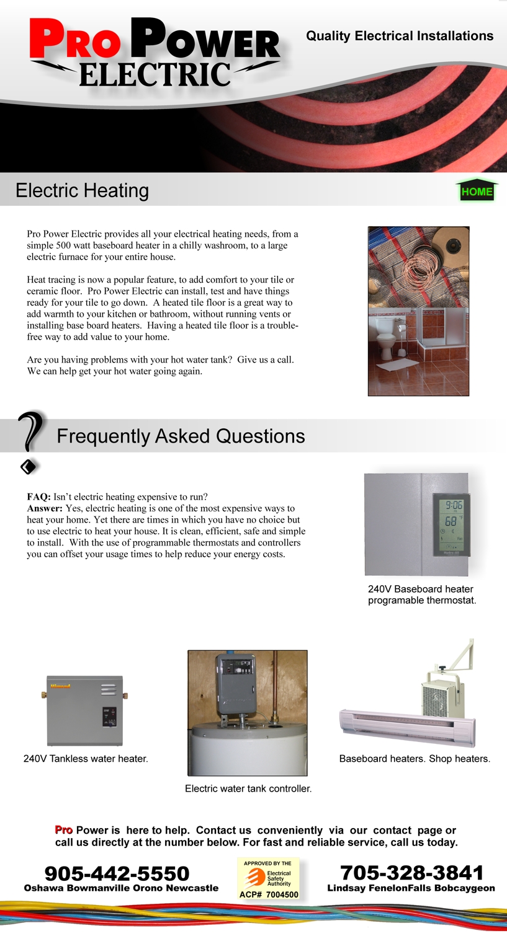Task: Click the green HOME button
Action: [x=477, y=191]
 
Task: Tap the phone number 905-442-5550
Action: [x=117, y=873]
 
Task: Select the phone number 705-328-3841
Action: [x=411, y=873]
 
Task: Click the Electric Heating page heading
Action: [x=82, y=190]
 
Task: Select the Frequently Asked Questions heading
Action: [x=181, y=436]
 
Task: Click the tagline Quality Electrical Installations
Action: [x=400, y=36]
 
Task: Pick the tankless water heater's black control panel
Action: [x=109, y=717]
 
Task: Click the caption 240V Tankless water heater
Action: [x=86, y=759]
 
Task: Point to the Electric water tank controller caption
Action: [x=248, y=788]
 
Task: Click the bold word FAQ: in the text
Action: [x=38, y=497]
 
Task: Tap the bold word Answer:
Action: [x=45, y=508]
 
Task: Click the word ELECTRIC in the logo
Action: [x=155, y=75]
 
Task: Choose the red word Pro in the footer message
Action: [x=63, y=830]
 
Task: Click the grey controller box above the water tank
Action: [x=235, y=681]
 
